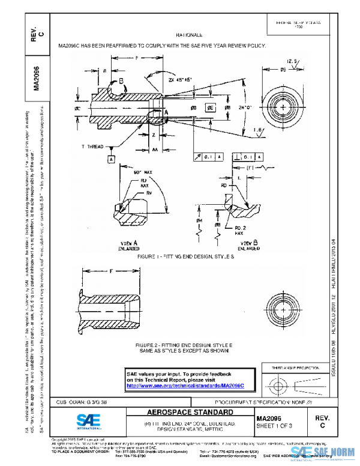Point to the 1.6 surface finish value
259,129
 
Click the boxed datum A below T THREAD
111,159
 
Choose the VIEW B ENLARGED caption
248,244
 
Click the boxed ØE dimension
211,108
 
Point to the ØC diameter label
78,109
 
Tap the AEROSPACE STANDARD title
184,413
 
